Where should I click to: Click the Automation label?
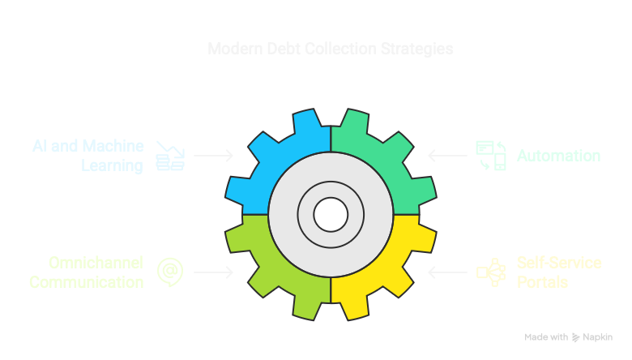click(x=559, y=155)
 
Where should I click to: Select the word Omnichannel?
click(x=96, y=263)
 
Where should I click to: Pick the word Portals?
click(x=542, y=282)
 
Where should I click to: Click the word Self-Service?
click(x=559, y=263)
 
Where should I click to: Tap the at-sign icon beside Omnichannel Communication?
click(x=169, y=272)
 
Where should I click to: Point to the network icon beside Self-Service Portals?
click(x=490, y=272)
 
